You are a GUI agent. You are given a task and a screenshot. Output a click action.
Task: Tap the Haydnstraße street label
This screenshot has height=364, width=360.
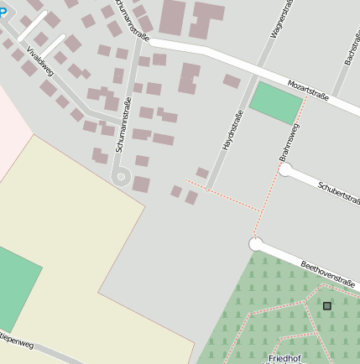(232, 131)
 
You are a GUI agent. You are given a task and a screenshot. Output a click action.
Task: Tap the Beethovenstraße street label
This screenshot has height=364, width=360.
(328, 276)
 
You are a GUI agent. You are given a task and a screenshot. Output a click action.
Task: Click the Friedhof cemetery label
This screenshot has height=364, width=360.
(287, 357)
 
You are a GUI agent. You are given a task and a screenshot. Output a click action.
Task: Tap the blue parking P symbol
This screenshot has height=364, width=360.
(3, 11)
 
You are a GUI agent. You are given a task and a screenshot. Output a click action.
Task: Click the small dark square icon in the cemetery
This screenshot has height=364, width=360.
(326, 306)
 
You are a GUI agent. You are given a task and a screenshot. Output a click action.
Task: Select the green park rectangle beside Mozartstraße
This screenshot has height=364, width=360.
(276, 104)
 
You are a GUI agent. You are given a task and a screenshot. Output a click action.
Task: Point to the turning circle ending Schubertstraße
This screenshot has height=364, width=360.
(285, 170)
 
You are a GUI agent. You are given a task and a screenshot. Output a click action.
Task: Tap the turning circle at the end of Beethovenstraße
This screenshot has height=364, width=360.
(256, 244)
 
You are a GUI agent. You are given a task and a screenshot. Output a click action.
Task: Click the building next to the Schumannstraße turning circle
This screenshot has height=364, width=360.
(141, 184)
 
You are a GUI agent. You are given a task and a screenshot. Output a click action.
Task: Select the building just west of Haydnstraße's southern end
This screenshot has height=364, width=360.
(202, 173)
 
